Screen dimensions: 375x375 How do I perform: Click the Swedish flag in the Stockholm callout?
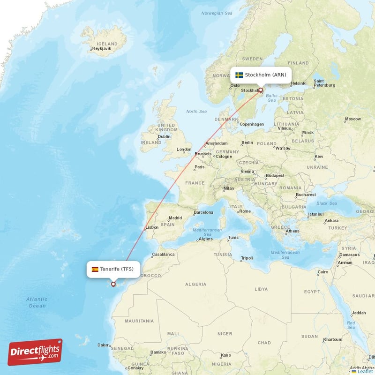(239, 75)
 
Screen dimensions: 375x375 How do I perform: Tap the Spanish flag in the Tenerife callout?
(95, 270)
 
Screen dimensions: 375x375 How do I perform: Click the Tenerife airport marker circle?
(113, 284)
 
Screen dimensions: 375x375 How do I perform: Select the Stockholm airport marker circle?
(261, 90)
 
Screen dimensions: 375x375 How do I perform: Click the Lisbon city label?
(152, 227)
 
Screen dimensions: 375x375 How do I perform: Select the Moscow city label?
(352, 119)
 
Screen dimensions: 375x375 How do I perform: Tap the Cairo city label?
(323, 272)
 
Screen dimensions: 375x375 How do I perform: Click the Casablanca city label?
(163, 255)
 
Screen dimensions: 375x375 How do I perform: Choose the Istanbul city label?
(315, 215)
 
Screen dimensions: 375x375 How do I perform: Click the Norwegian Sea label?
(217, 13)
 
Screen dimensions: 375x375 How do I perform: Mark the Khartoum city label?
(333, 339)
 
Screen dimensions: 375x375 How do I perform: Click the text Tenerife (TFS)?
(117, 269)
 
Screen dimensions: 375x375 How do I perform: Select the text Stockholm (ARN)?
(265, 75)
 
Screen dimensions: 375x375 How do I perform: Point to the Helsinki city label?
(299, 83)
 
